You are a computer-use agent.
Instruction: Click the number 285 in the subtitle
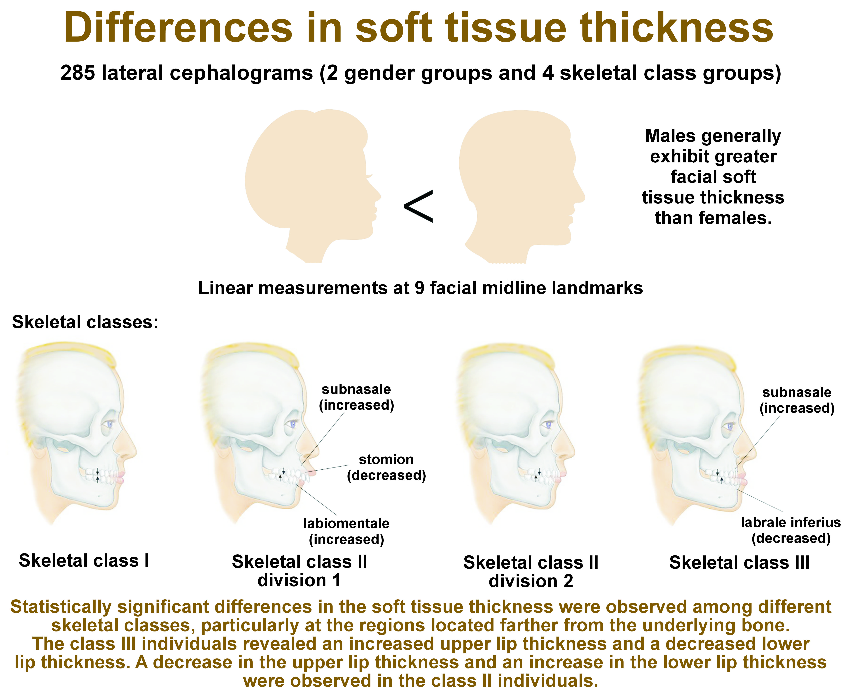[x=78, y=73]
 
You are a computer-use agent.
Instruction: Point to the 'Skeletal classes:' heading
[x=85, y=322]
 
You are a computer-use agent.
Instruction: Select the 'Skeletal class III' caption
[x=739, y=562]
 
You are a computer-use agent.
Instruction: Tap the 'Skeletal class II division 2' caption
[x=531, y=572]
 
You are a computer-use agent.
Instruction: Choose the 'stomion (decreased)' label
[x=386, y=467]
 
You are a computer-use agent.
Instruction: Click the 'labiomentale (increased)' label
[x=346, y=531]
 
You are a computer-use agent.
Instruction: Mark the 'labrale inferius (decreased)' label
[x=791, y=530]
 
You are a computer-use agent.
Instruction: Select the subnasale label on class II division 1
[x=356, y=397]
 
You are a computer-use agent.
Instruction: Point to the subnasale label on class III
[x=797, y=400]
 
